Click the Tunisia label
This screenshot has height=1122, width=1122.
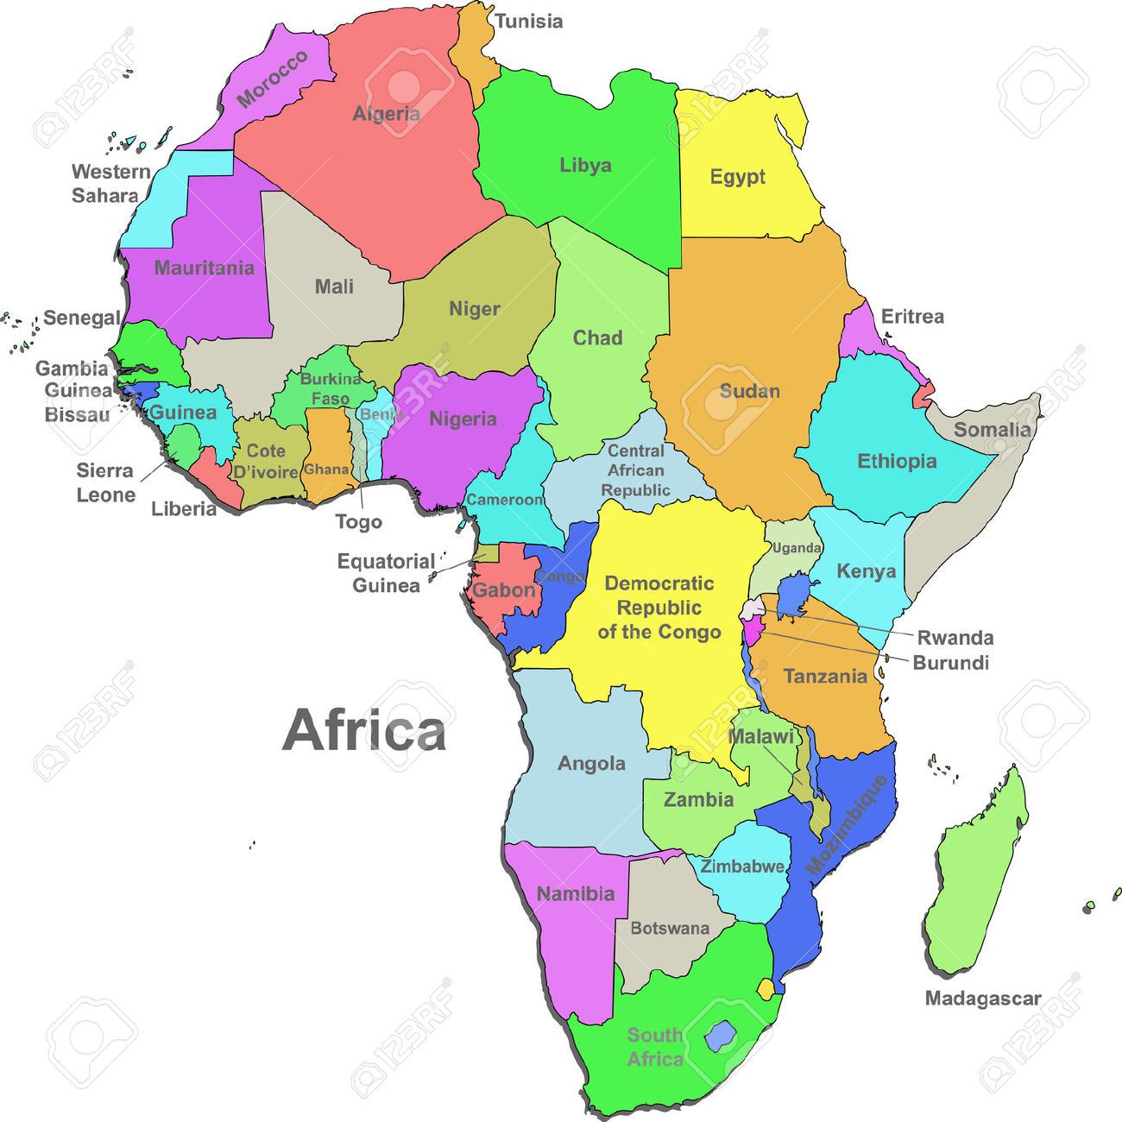529,22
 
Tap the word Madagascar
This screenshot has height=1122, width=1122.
983,999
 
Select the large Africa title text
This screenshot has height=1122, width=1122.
364,730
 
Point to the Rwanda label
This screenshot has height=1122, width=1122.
955,638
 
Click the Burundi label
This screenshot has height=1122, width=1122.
950,663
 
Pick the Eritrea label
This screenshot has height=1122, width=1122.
912,317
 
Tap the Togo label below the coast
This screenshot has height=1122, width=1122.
358,522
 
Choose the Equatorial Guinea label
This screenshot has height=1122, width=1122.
386,573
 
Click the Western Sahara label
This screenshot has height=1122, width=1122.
110,183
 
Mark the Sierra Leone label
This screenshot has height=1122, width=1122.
106,482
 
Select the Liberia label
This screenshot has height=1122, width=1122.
184,508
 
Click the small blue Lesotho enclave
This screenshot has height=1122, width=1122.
717,1035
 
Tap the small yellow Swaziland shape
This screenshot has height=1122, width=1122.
766,988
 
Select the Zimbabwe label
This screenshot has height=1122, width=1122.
742,867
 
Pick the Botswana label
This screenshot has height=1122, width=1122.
670,929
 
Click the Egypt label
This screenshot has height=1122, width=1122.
737,177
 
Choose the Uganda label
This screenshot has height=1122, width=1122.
796,548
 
